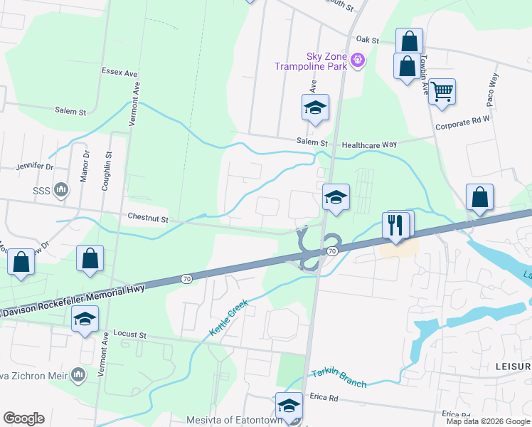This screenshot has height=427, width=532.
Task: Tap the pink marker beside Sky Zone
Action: (x=358, y=61)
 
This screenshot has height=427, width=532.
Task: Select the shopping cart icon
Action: (x=442, y=91)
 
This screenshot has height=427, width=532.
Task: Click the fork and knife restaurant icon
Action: (x=395, y=226)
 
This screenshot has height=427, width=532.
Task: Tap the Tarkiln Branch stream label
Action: (x=339, y=378)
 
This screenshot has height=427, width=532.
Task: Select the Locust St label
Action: (x=129, y=334)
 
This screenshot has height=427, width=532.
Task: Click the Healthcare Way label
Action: (x=369, y=144)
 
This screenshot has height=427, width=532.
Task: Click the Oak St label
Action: (x=367, y=41)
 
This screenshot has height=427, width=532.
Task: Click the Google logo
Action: (x=23, y=418)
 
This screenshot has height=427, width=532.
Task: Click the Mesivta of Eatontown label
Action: (x=230, y=420)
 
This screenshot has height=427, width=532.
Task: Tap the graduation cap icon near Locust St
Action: (x=85, y=320)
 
